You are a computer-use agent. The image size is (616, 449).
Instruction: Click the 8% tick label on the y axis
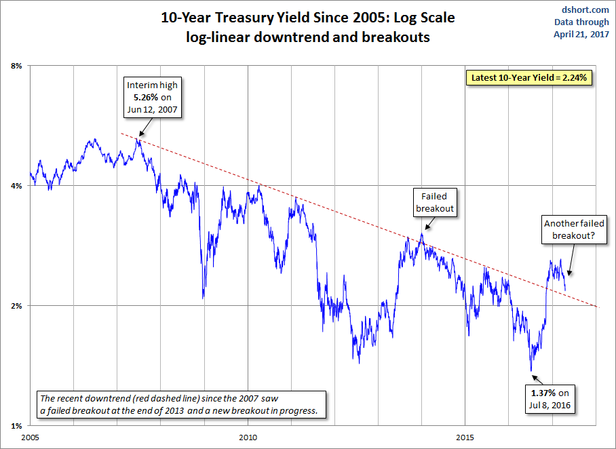pos(17,66)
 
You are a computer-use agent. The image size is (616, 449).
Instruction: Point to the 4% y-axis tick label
pos(17,185)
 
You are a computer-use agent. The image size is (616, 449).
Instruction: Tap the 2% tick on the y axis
pos(17,306)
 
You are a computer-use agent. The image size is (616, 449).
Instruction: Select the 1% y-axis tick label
pos(17,426)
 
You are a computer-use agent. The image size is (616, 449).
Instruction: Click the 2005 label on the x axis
pos(31,438)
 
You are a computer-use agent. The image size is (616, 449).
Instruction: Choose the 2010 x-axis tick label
pos(248,438)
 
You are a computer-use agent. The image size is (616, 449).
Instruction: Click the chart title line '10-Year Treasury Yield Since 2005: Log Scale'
pos(308,18)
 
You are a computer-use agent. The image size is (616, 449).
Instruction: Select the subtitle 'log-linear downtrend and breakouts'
pos(308,38)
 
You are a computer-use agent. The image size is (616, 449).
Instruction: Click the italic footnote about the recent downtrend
pos(181,404)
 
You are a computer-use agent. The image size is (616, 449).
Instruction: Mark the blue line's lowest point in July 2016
pos(531,370)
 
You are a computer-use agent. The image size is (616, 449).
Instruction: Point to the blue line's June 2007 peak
pos(138,139)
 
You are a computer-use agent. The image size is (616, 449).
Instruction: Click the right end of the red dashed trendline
pos(596,307)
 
